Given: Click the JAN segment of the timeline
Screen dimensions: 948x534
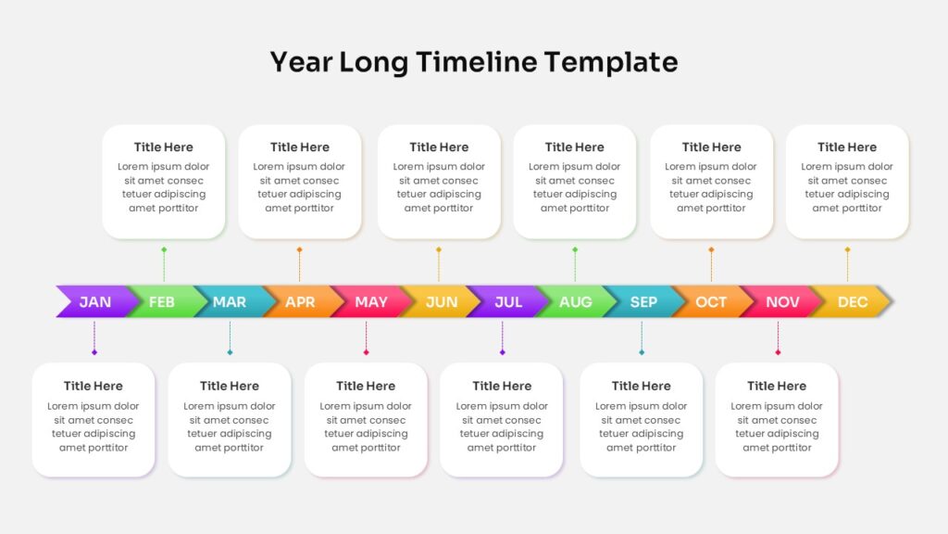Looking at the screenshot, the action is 96,301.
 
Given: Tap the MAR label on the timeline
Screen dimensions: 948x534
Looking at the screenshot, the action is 230,301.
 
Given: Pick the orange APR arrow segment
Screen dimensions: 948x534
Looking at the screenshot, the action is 301,301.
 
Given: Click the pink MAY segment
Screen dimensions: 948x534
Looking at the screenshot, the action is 370,301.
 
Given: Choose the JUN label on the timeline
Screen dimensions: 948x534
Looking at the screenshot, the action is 442,301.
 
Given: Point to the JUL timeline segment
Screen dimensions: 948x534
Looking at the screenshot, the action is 508,301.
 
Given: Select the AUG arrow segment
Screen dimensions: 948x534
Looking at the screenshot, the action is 576,301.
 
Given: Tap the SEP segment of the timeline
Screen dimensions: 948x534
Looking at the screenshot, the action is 644,301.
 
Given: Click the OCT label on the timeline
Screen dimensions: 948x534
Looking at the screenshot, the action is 711,301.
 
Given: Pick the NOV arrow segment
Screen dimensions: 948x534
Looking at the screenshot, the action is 781,301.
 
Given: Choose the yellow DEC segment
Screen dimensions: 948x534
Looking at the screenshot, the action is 853,301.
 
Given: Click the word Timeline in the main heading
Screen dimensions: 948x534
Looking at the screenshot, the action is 477,62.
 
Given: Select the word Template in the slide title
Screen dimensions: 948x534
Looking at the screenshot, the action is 611,63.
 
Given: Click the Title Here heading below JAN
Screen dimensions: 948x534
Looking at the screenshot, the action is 94,386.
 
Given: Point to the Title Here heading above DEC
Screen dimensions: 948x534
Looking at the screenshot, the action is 847,147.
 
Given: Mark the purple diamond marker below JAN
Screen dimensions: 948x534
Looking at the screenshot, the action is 94,352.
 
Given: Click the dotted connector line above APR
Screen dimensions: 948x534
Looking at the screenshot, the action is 299,266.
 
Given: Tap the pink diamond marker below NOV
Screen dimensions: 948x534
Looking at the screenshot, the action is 778,352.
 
